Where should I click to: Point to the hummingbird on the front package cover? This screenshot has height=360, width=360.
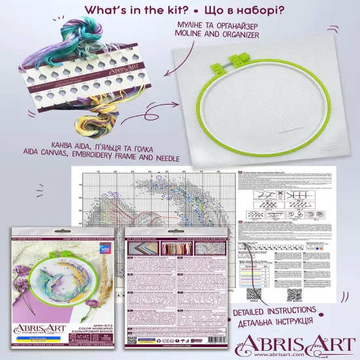(x=71, y=264)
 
